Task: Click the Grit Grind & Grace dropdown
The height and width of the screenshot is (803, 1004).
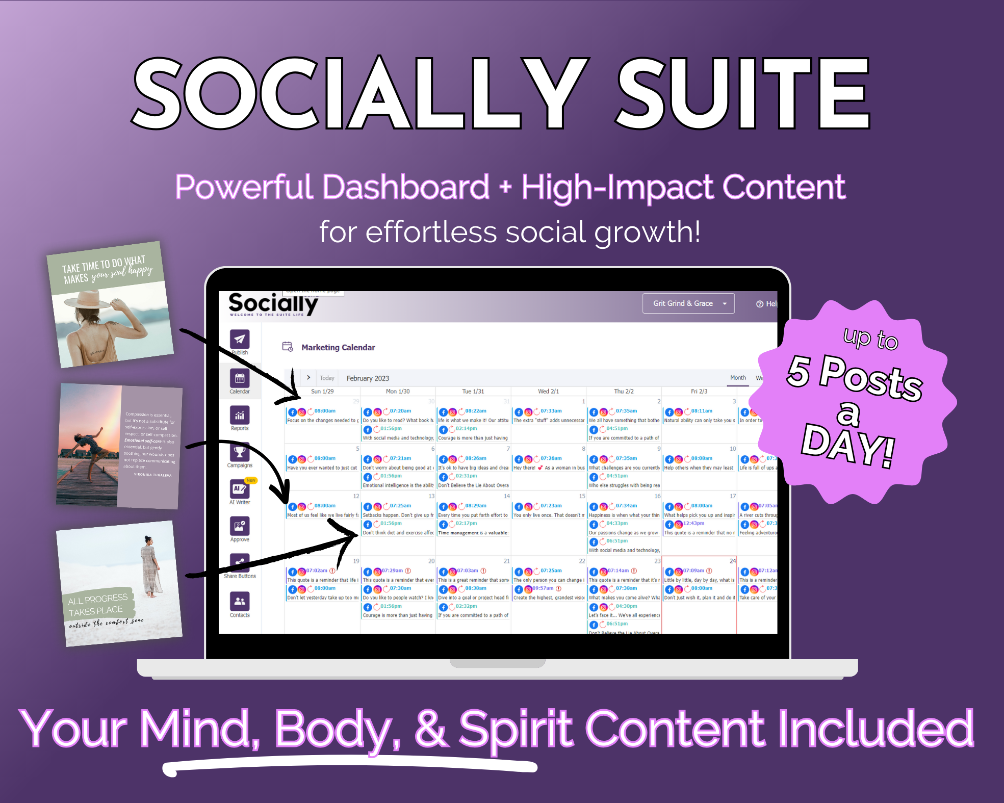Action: pyautogui.click(x=688, y=303)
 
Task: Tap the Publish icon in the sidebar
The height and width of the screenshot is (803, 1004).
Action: pyautogui.click(x=239, y=340)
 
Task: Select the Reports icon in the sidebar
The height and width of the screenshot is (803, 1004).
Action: pyautogui.click(x=239, y=416)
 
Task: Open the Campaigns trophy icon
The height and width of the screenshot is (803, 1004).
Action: pyautogui.click(x=239, y=452)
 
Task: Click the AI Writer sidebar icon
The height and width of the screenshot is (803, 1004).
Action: pyautogui.click(x=239, y=489)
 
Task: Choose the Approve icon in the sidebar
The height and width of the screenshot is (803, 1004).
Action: pyautogui.click(x=239, y=527)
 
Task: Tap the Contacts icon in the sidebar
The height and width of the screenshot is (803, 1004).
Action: pyautogui.click(x=239, y=602)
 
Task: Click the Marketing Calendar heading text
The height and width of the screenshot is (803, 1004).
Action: pyautogui.click(x=338, y=347)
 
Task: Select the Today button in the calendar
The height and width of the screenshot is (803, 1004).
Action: pyautogui.click(x=327, y=378)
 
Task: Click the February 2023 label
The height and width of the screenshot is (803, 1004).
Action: pyautogui.click(x=368, y=378)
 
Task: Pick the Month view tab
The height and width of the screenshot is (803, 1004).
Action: pyautogui.click(x=738, y=378)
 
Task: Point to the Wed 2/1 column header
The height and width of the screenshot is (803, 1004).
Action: pyautogui.click(x=548, y=392)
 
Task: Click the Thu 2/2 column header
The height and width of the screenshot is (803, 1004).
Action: pyautogui.click(x=624, y=392)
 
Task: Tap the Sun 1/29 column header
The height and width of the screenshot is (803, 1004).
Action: pyautogui.click(x=322, y=392)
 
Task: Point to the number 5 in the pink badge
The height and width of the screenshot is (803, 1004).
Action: pyautogui.click(x=799, y=371)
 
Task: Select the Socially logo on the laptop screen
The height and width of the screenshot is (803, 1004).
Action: pyautogui.click(x=273, y=304)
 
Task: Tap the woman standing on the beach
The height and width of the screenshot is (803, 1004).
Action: pyautogui.click(x=149, y=566)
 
